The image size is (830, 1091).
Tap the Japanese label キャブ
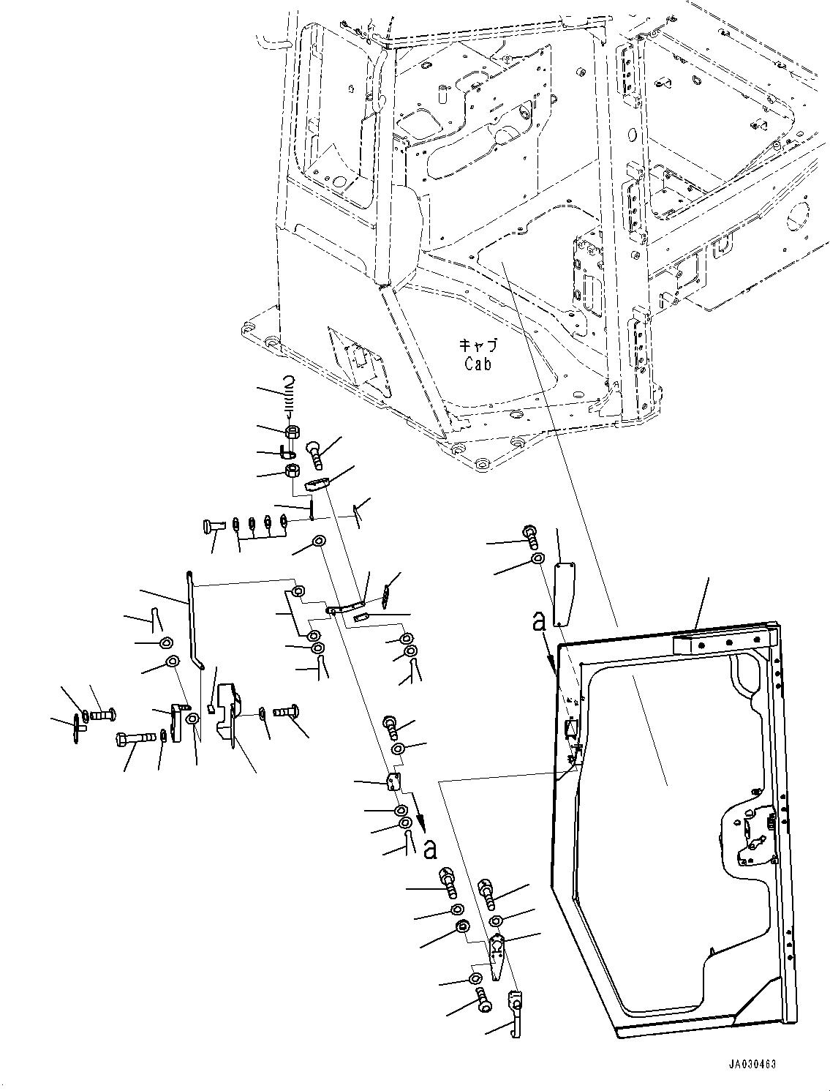click(x=477, y=345)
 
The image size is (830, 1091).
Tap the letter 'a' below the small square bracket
click(x=430, y=850)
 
